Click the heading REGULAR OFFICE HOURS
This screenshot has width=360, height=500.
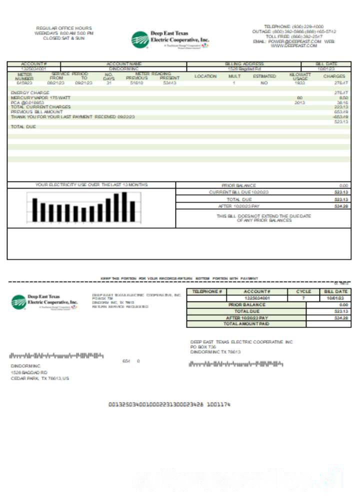click(x=64, y=28)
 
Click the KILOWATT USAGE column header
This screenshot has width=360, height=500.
click(x=300, y=76)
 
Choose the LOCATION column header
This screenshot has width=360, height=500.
click(x=205, y=76)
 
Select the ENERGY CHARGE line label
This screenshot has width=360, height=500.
click(x=30, y=93)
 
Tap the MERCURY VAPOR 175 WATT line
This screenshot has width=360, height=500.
click(x=41, y=98)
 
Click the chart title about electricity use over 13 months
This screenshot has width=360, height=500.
click(x=91, y=185)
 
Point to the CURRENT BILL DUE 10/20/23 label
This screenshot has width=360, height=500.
click(x=239, y=192)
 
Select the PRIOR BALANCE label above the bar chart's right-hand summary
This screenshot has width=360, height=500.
click(x=238, y=185)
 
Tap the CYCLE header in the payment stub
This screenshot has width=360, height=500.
click(x=303, y=291)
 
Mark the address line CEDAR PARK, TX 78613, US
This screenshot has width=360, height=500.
click(x=40, y=378)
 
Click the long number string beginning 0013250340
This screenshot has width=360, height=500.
click(x=170, y=404)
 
